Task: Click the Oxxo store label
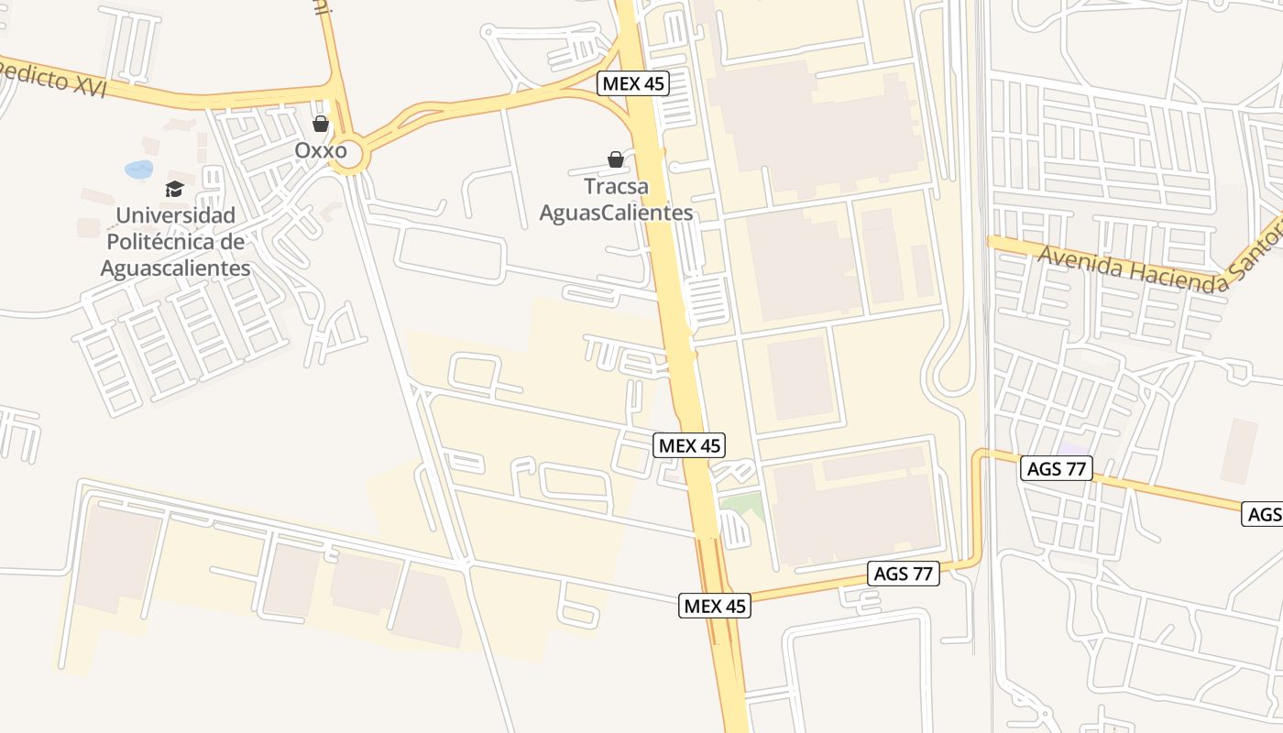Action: click(321, 149)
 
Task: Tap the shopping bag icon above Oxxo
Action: click(321, 123)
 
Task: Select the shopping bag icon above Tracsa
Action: click(616, 160)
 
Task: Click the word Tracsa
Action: click(616, 187)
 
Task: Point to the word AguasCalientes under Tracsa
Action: click(616, 213)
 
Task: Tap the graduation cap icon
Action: click(174, 190)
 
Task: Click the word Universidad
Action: click(175, 215)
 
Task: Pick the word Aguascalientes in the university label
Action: click(175, 268)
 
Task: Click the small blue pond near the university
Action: click(139, 170)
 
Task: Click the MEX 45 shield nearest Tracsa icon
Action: click(634, 84)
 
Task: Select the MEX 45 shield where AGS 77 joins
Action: click(715, 606)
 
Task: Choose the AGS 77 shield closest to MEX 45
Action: click(904, 574)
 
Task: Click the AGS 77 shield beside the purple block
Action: click(1057, 469)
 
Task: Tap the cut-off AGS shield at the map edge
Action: click(1264, 514)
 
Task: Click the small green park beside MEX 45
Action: click(744, 503)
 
